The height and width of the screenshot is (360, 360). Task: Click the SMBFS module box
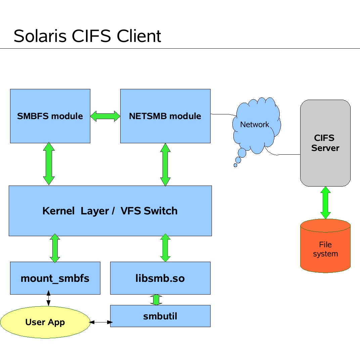(50, 116)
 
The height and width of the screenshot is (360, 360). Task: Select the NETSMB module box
(165, 116)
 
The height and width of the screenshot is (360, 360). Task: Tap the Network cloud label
(255, 125)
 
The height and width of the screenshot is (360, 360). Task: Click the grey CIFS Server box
(325, 143)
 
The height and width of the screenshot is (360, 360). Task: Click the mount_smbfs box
(55, 278)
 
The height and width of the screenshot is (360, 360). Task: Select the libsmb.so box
(160, 278)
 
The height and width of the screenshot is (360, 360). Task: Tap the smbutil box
(160, 316)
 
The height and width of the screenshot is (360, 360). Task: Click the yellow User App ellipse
(45, 322)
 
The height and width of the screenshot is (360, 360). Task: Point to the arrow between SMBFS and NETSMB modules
(105, 116)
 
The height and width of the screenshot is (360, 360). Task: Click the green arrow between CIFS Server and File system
(325, 203)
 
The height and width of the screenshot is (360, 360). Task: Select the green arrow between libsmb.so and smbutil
(156, 300)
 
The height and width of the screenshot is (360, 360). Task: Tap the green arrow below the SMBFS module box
(49, 164)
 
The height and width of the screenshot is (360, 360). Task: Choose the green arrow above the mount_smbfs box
(55, 248)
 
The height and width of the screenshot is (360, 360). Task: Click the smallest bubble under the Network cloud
(235, 165)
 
